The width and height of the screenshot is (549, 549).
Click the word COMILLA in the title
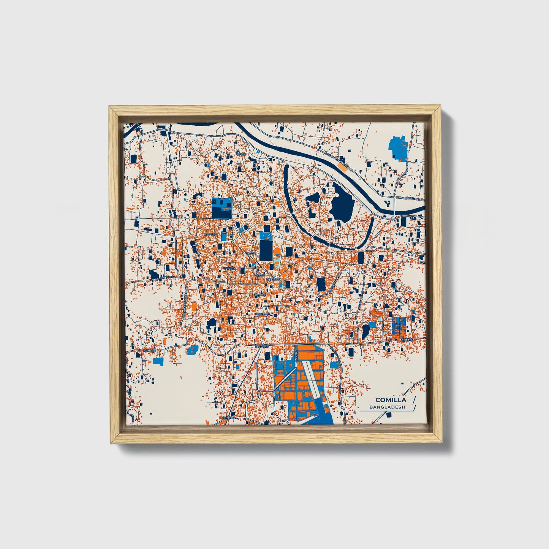click(391, 400)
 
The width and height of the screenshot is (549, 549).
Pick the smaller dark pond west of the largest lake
click(313, 198)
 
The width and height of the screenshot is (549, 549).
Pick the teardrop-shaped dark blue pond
click(365, 331)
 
